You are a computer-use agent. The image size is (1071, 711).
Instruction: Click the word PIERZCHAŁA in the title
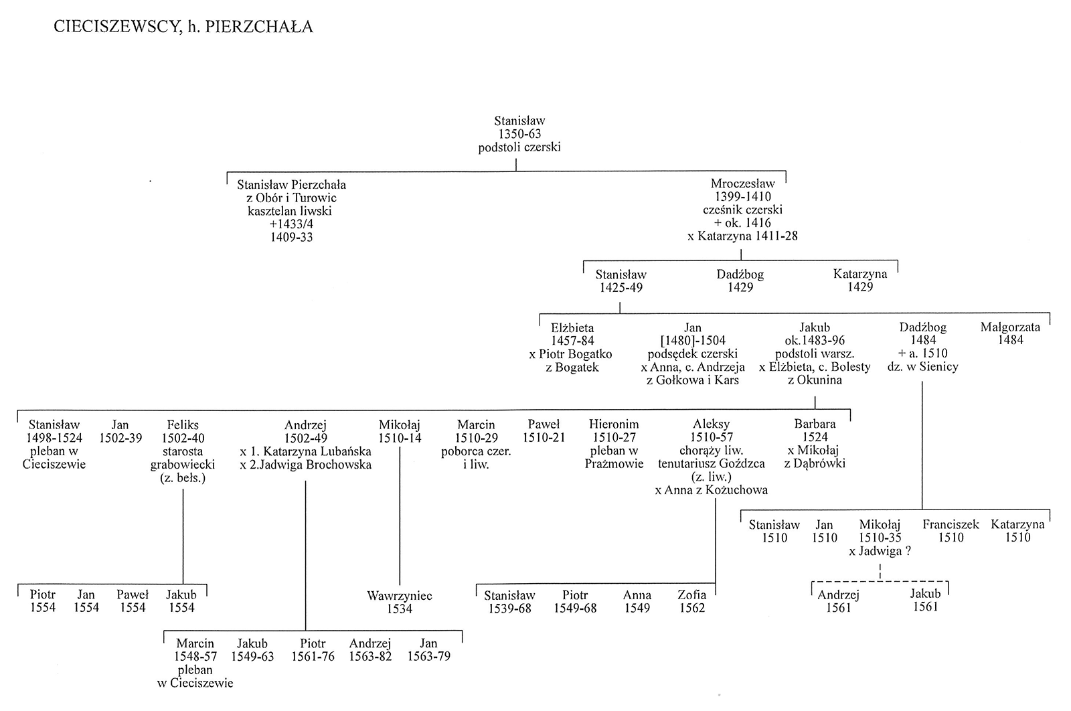[258, 27]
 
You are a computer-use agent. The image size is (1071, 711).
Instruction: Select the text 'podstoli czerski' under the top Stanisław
[519, 147]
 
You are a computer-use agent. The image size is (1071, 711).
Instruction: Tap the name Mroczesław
[742, 183]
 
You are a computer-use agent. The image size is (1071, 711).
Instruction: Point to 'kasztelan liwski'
[290, 211]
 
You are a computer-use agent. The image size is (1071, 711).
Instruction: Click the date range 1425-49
[621, 287]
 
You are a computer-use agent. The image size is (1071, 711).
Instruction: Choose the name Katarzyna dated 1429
[859, 274]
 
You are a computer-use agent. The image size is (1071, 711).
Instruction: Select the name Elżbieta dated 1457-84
[572, 328]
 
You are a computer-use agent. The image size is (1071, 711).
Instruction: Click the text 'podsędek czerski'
[692, 354]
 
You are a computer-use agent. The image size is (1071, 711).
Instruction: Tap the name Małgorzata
[1010, 327]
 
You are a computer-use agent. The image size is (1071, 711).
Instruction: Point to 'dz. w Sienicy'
[923, 367]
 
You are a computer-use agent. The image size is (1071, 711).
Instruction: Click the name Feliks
[183, 424]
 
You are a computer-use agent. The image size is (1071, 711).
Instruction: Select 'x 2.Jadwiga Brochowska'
[305, 465]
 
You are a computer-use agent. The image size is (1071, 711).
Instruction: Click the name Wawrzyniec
[399, 596]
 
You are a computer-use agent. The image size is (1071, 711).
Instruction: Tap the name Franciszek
[951, 524]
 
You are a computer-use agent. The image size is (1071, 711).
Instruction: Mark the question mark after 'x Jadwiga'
[908, 551]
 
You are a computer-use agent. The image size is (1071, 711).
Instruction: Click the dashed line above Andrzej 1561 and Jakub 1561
[880, 581]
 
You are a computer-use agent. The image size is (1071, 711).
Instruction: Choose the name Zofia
[692, 595]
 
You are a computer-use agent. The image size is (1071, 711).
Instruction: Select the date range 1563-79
[428, 656]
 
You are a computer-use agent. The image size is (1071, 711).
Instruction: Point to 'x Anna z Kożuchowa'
[711, 490]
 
